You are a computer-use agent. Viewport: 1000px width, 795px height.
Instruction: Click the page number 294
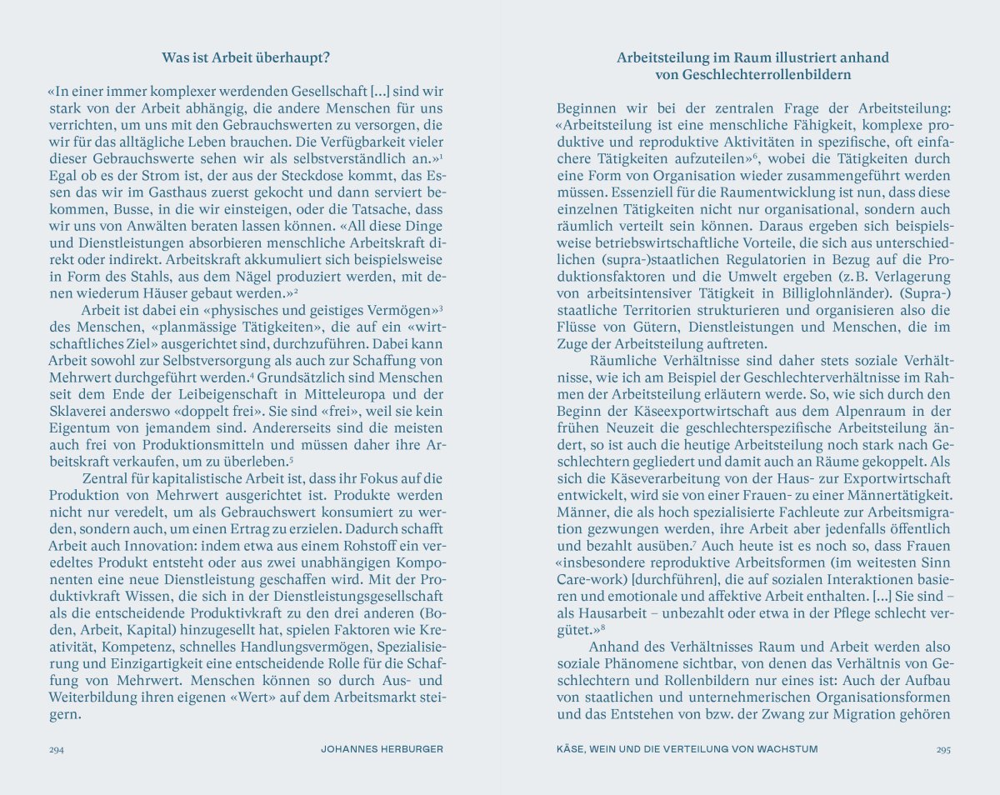56,749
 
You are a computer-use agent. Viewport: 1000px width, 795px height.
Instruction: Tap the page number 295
942,749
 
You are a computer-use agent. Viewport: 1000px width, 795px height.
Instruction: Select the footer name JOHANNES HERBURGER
382,749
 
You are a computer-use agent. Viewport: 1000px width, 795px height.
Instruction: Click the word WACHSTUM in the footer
787,749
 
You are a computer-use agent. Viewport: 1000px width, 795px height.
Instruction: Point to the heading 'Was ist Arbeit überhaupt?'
246,58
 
